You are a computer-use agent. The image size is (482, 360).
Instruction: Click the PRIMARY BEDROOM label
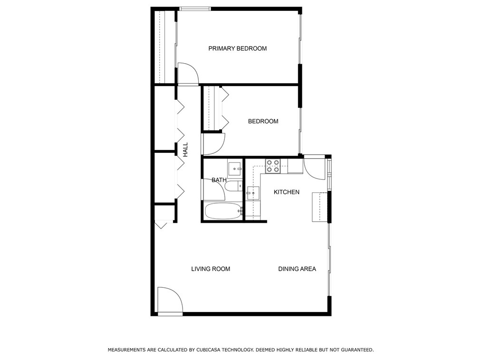pyautogui.click(x=237, y=48)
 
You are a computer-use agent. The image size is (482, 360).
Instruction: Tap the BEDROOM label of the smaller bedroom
pyautogui.click(x=263, y=122)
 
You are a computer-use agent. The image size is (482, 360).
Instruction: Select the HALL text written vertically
pyautogui.click(x=185, y=150)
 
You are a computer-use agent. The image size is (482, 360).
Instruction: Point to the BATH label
pyautogui.click(x=219, y=180)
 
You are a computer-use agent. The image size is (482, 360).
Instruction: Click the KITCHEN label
pyautogui.click(x=286, y=192)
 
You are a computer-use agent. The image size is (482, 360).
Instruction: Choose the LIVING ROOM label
pyautogui.click(x=211, y=269)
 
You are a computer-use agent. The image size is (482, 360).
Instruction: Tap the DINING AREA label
pyautogui.click(x=297, y=269)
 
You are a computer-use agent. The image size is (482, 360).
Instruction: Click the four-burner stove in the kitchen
pyautogui.click(x=272, y=166)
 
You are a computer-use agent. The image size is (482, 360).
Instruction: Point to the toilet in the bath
pyautogui.click(x=232, y=186)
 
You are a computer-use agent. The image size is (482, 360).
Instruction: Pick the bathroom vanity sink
pyautogui.click(x=234, y=168)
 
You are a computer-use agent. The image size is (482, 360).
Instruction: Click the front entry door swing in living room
pyautogui.click(x=169, y=300)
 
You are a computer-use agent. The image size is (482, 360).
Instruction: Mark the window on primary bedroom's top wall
pyautogui.click(x=195, y=9)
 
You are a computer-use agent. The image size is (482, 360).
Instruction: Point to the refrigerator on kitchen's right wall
pyautogui.click(x=320, y=207)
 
